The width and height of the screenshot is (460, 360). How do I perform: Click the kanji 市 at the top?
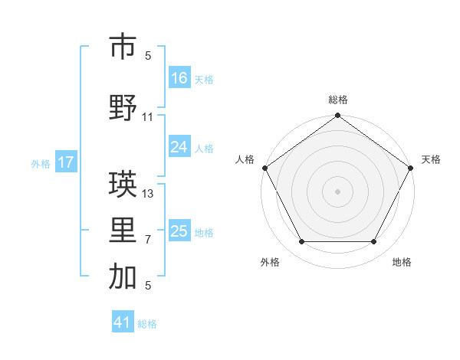click(123, 47)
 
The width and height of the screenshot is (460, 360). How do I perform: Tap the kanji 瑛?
click(123, 183)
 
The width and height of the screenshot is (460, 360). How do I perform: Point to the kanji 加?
click(123, 277)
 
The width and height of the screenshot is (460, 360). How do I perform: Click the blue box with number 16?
click(179, 78)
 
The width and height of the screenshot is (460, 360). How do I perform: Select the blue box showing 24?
click(179, 148)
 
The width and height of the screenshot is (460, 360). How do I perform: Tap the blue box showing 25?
click(179, 232)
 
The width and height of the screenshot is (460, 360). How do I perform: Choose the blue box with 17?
click(66, 162)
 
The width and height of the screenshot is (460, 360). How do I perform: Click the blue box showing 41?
click(123, 323)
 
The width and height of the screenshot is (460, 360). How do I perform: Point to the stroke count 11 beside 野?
click(148, 117)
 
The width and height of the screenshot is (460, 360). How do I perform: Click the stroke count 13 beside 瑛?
click(148, 194)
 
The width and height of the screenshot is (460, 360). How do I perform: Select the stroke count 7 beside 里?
click(148, 240)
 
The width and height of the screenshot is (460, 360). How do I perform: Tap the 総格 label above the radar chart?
click(337, 100)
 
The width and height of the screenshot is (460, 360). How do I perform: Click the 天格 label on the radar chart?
click(431, 159)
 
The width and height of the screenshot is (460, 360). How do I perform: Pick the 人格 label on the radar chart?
click(245, 159)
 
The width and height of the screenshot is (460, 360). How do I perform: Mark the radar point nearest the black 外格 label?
click(301, 242)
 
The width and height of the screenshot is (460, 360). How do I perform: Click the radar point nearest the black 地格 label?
click(374, 242)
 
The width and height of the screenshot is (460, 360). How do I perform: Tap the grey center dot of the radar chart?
click(337, 191)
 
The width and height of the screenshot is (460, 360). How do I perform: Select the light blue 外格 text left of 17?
click(40, 163)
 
